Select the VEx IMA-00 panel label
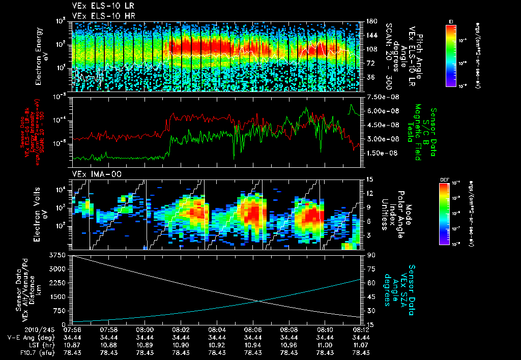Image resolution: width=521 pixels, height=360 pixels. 93,174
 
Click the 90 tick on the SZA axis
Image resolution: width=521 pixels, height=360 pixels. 371,255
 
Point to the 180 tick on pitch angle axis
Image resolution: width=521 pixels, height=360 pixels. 371,21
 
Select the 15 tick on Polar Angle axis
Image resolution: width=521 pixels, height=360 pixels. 370,179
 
